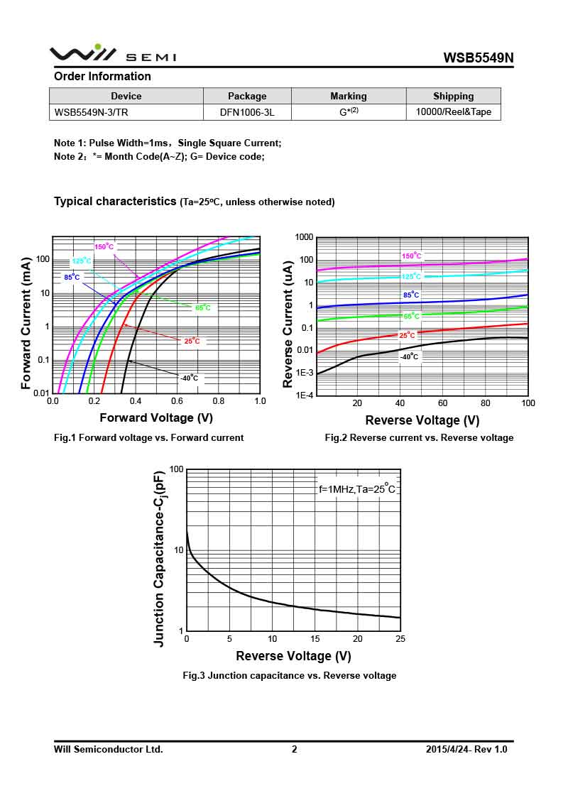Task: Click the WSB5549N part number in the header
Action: point(478,58)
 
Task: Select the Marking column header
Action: point(348,96)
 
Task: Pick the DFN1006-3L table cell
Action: point(247,112)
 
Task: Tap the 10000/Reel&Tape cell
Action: point(453,112)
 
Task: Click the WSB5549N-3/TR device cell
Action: point(92,112)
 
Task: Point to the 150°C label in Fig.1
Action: point(104,247)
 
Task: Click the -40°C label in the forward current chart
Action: point(189,378)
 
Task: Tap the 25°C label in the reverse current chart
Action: point(408,335)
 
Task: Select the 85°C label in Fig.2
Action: point(411,295)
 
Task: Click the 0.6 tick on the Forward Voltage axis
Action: point(177,401)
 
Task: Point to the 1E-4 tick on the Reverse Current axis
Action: point(304,395)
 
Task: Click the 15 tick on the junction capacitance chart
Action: point(315,639)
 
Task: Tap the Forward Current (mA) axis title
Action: point(26,323)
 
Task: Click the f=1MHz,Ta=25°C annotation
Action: point(356,489)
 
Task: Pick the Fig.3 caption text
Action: point(289,675)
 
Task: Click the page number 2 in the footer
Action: point(294,749)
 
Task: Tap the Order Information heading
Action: point(102,76)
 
